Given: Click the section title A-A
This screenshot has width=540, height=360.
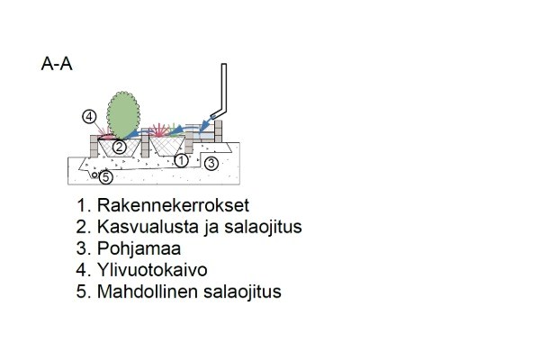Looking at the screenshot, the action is (x=57, y=64).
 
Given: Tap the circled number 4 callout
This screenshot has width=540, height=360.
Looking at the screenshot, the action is (x=89, y=117).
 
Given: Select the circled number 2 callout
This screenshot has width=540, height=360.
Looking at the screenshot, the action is (x=120, y=147).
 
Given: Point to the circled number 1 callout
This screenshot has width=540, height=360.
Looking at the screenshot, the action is (x=182, y=160).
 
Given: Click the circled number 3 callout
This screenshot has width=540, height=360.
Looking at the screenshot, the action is (x=211, y=163).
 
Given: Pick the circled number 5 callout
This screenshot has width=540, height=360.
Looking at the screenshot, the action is (x=106, y=177).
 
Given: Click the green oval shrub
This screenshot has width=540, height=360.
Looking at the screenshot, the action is (x=123, y=115).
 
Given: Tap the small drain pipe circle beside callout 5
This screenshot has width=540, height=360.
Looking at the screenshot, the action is (x=94, y=175).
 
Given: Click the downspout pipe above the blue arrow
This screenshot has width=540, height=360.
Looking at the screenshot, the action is (x=220, y=91).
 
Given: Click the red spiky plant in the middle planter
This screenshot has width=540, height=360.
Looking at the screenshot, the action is (x=159, y=130).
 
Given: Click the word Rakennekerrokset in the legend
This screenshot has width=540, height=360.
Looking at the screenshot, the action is (x=173, y=205).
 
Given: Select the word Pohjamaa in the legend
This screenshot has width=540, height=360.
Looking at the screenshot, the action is (x=139, y=248).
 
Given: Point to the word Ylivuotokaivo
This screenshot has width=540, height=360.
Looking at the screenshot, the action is (x=152, y=270).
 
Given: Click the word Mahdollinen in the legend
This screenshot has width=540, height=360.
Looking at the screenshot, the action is (x=148, y=292).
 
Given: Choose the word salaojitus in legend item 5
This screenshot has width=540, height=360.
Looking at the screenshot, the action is (x=242, y=292).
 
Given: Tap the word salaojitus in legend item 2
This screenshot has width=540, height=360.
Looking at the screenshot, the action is (x=263, y=227).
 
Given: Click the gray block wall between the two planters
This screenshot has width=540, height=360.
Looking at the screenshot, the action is (x=145, y=143).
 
